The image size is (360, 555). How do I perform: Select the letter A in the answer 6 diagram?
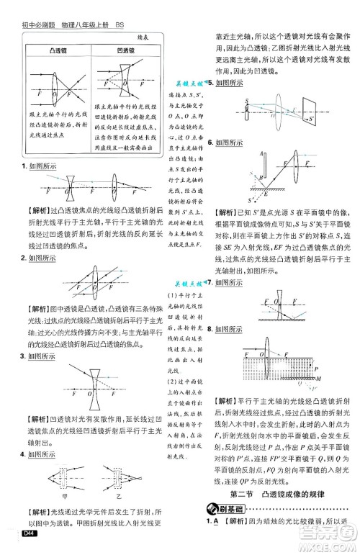(241, 154)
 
